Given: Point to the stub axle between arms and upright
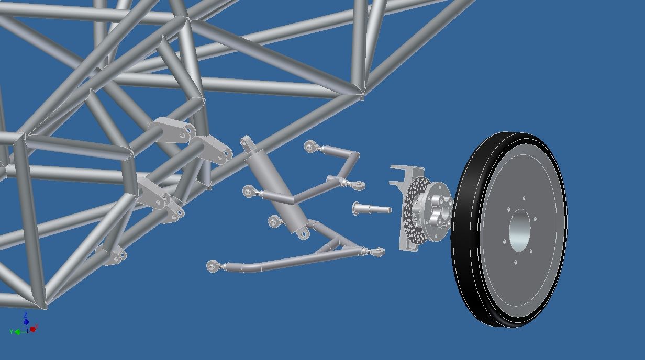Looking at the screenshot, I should [372, 209].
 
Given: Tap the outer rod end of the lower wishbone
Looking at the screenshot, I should [377, 252].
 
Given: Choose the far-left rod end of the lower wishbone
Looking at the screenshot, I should [212, 266].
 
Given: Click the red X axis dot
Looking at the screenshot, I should [33, 329].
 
